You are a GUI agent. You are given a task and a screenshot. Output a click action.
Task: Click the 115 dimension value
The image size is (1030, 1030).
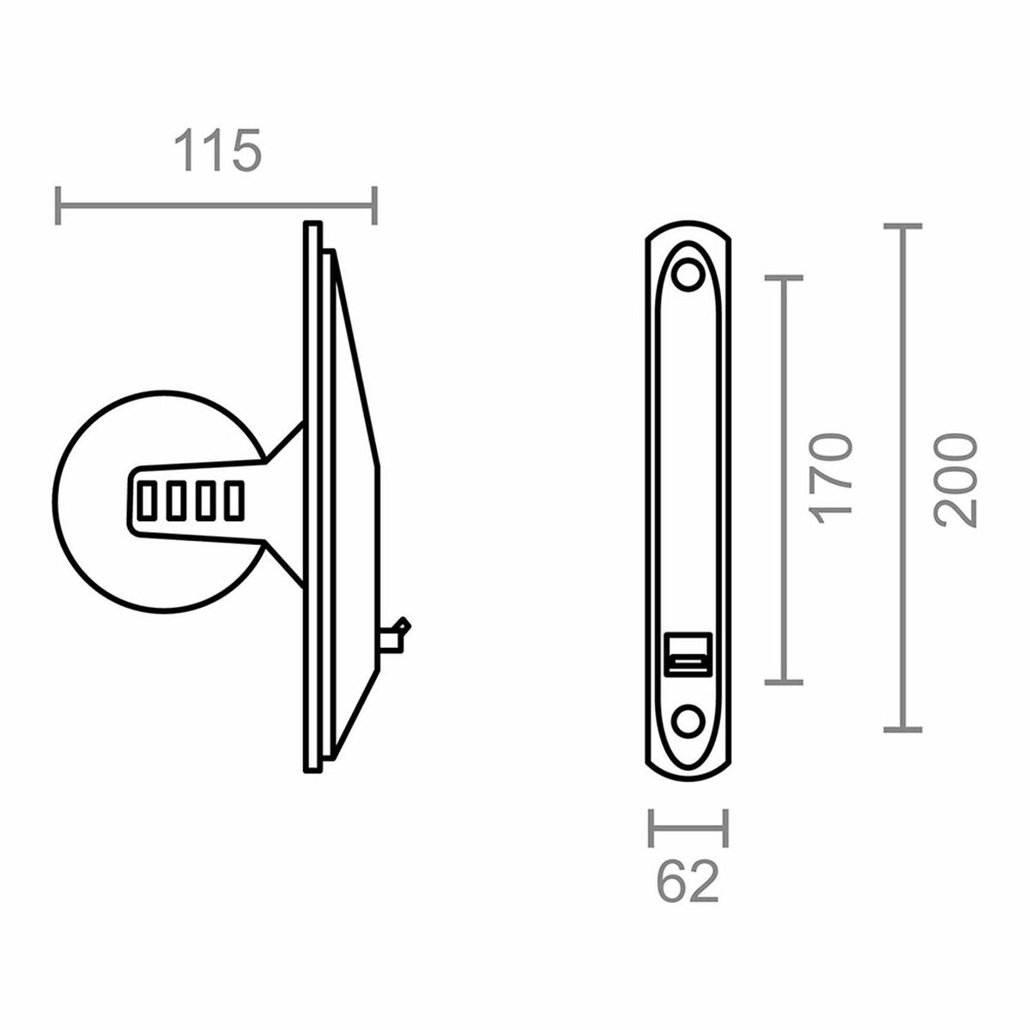[x=216, y=151]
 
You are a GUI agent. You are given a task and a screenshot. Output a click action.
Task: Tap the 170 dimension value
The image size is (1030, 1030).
[x=833, y=475]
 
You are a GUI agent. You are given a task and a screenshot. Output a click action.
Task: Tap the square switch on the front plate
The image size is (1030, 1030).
[x=689, y=653]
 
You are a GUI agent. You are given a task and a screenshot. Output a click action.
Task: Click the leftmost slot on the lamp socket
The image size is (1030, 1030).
[x=148, y=500]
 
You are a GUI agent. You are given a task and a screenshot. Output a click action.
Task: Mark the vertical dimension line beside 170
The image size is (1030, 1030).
[x=783, y=479]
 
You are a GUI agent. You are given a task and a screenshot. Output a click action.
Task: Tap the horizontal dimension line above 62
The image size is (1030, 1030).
[x=689, y=828]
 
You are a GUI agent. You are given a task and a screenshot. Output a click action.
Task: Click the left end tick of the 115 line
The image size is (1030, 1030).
[x=58, y=206]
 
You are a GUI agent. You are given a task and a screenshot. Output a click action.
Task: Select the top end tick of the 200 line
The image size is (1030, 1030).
[x=902, y=227]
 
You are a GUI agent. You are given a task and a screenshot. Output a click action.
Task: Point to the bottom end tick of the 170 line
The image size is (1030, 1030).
[x=783, y=682]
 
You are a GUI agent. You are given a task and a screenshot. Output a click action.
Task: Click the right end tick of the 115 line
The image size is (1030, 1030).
[x=374, y=206]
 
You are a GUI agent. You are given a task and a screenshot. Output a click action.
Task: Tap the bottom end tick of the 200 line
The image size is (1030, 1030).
[x=902, y=729]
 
